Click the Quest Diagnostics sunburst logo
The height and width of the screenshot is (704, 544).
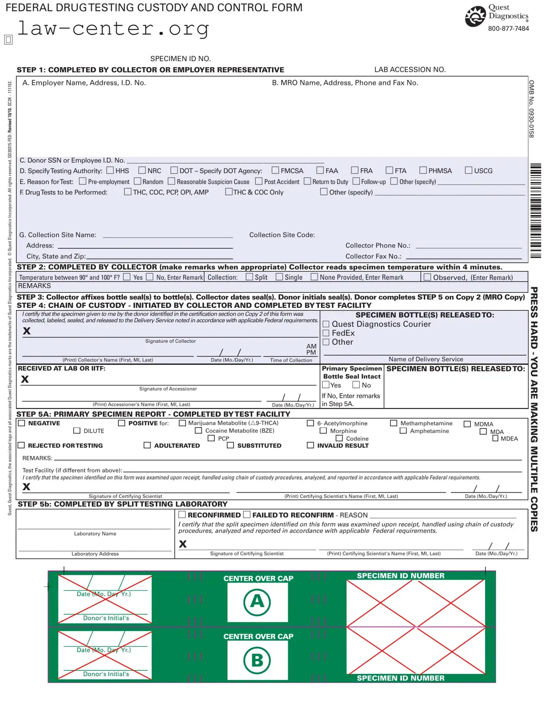coord(475,17)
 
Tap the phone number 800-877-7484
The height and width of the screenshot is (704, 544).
coord(508,28)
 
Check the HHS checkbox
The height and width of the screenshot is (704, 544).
coord(110,170)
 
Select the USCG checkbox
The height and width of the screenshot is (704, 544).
coord(468,170)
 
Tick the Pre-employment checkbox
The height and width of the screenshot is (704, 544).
coord(83,181)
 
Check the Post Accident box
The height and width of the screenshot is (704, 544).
coord(259,181)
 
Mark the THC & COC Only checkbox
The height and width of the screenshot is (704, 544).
coord(229,192)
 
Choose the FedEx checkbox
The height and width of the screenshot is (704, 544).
coord(326,333)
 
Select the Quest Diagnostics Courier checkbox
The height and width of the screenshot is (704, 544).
coord(326,324)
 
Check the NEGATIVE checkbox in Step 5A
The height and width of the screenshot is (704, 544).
coord(21,423)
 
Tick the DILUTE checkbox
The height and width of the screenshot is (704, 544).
coord(77,430)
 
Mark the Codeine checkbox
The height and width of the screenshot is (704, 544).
coord(339,438)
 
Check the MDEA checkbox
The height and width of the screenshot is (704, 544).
coord(495,438)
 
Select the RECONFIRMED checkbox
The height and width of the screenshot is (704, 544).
coord(182,514)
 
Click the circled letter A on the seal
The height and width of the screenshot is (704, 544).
coord(257,602)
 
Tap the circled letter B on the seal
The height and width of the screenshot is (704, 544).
coord(257,660)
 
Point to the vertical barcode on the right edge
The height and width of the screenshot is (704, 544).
coord(535,211)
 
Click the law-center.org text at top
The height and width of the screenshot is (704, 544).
coord(113,28)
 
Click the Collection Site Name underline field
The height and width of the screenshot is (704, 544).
coord(168,235)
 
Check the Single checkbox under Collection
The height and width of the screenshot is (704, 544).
coord(279,277)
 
